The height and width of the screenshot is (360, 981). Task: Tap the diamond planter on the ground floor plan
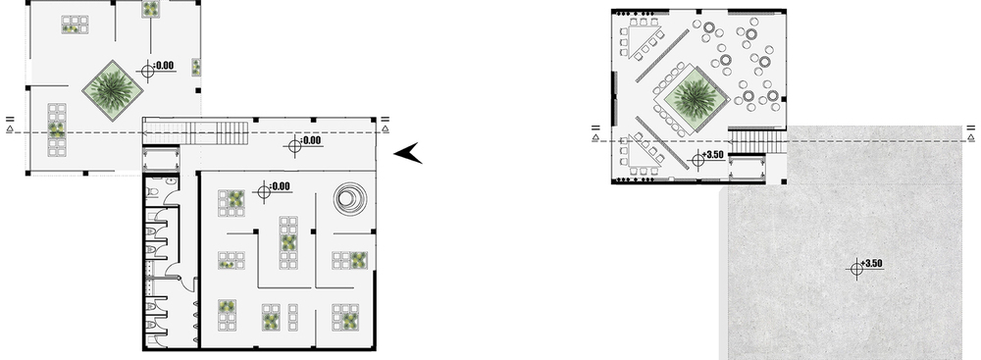[113, 91]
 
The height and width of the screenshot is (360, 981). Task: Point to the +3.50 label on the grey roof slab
[871, 264]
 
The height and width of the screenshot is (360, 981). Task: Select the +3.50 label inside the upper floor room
[712, 155]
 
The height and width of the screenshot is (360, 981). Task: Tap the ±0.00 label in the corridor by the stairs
[310, 140]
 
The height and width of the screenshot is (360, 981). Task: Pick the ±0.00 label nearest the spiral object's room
[280, 186]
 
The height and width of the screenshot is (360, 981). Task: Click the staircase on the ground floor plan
[196, 132]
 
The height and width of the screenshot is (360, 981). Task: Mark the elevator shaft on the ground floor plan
[162, 159]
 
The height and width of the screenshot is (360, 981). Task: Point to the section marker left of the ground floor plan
[10, 124]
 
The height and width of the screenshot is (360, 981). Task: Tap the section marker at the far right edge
[970, 131]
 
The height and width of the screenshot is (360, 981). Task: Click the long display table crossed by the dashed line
[57, 129]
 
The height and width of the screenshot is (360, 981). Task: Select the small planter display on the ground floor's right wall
[196, 67]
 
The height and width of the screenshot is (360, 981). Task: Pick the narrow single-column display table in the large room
[292, 317]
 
